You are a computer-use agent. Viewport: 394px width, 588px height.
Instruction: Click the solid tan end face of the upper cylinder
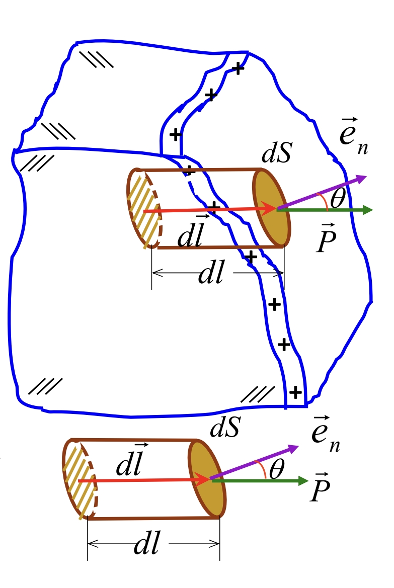[x=272, y=207]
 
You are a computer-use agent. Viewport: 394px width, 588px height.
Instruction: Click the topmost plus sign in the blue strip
[x=239, y=69]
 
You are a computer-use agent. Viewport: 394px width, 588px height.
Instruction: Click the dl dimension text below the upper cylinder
[x=211, y=274]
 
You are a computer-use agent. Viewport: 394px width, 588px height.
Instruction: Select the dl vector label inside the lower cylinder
[x=131, y=461]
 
